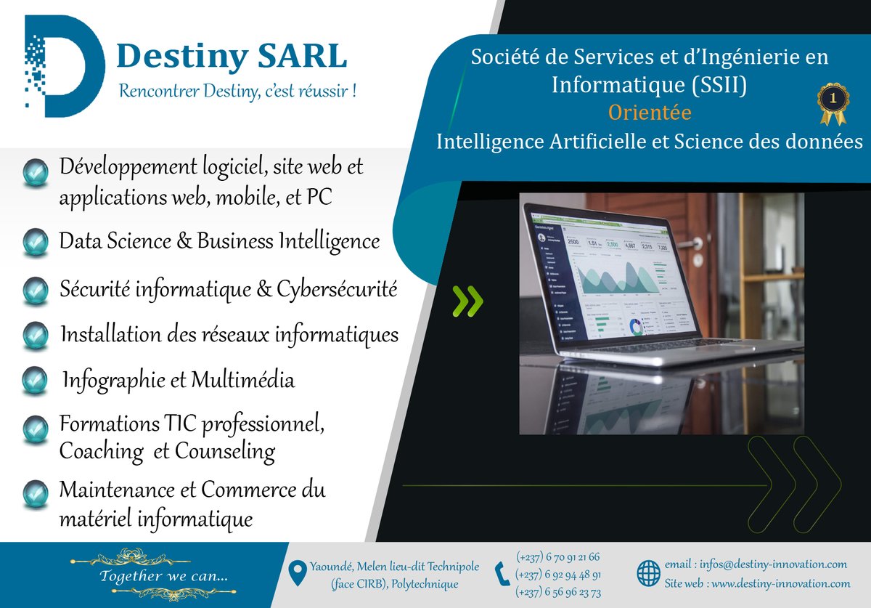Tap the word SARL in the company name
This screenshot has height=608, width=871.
click(x=302, y=56)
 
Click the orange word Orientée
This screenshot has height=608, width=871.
click(x=650, y=113)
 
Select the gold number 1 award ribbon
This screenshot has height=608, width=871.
click(x=833, y=104)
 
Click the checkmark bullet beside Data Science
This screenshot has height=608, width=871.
click(x=36, y=242)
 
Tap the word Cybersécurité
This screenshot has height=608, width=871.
click(x=337, y=290)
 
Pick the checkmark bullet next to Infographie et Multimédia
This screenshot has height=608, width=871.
click(x=35, y=381)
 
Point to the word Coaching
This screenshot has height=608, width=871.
click(x=102, y=453)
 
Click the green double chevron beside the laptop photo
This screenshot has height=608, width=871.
click(x=467, y=301)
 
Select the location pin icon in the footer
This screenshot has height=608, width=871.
click(x=298, y=573)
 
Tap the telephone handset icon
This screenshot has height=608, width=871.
click(x=502, y=574)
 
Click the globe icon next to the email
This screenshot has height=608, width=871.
click(x=649, y=573)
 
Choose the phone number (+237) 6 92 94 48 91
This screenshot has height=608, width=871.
click(x=558, y=575)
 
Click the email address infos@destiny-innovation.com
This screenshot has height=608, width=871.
click(x=773, y=564)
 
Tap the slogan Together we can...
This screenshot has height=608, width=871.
click(x=164, y=576)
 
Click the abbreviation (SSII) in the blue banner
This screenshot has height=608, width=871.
click(x=719, y=85)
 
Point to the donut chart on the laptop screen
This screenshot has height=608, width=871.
click(x=636, y=328)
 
